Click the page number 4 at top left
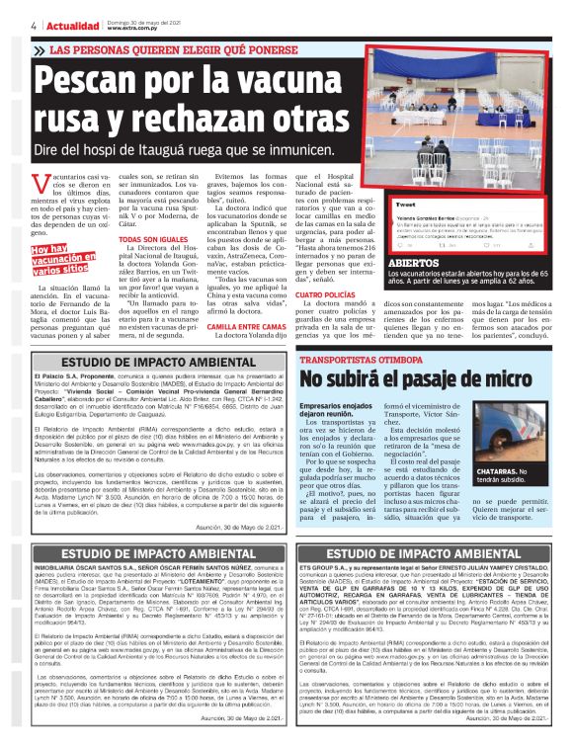click(34, 26)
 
